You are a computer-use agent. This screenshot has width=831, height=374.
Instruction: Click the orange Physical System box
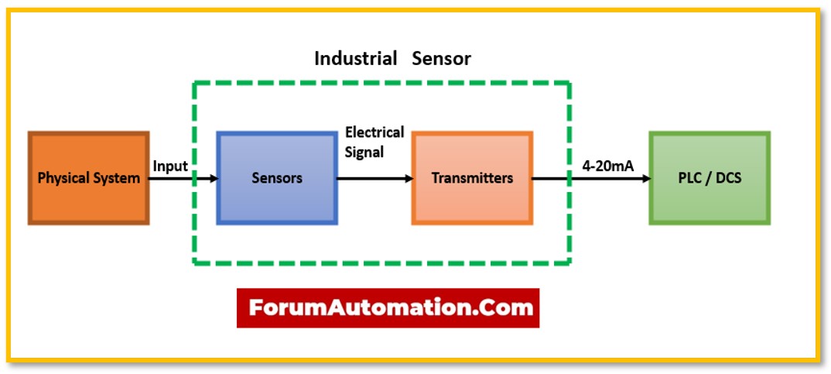pos(89,178)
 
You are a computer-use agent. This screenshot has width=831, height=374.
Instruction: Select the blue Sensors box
pos(277,178)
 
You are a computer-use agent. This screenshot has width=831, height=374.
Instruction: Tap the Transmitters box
pos(472,178)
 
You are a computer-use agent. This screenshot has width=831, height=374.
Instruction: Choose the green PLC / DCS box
pos(709,178)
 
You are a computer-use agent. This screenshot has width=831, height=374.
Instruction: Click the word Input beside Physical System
pos(170,166)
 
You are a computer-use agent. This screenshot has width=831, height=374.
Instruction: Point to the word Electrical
pos(374,132)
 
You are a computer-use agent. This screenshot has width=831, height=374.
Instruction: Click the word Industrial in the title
pos(355,58)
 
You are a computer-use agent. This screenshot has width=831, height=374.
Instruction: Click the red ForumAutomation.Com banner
pos(388,307)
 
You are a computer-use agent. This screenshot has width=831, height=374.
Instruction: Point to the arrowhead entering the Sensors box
pos(213,178)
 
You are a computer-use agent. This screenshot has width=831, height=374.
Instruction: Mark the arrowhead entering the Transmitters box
pos(408,178)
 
